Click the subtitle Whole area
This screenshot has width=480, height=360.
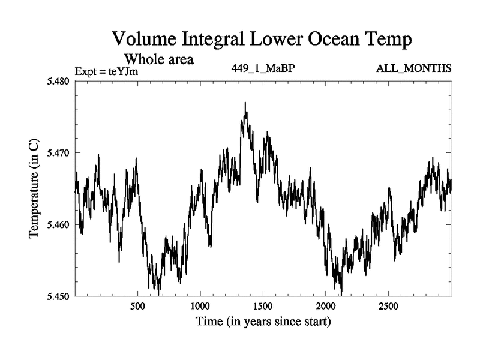pyautogui.click(x=158, y=59)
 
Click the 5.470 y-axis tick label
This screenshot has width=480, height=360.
pyautogui.click(x=58, y=152)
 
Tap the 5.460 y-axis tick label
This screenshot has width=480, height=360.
pyautogui.click(x=58, y=224)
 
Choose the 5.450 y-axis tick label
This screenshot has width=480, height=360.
pyautogui.click(x=58, y=296)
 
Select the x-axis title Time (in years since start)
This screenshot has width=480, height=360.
pyautogui.click(x=263, y=322)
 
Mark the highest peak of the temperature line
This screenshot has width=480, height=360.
pyautogui.click(x=245, y=103)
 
